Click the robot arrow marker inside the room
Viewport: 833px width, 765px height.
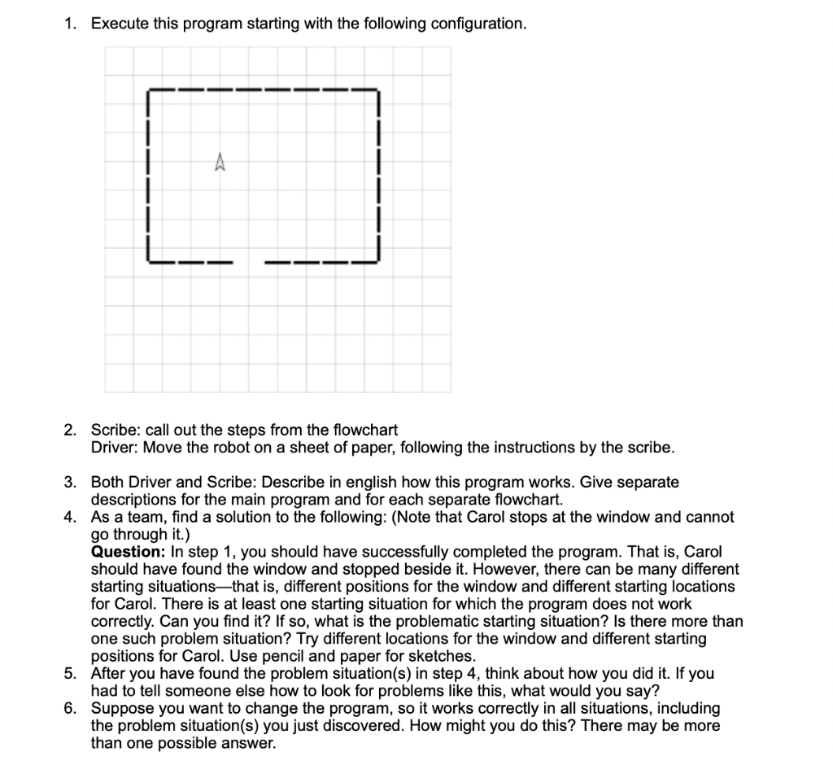[x=219, y=164]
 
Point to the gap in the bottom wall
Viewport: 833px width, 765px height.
[x=248, y=262]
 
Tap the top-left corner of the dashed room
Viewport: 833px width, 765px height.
[x=148, y=90]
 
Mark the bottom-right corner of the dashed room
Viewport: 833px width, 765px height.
[x=379, y=261]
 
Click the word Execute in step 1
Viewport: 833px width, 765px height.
[x=120, y=24]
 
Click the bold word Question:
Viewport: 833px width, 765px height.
[x=128, y=551]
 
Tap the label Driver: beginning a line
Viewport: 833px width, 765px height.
[x=112, y=448]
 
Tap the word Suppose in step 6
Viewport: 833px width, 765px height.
[x=118, y=708]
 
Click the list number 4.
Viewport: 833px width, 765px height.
[x=70, y=517]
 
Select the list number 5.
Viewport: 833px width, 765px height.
[x=70, y=673]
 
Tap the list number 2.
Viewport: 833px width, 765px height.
[x=70, y=430]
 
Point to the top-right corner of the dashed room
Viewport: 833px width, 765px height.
[x=379, y=90]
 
